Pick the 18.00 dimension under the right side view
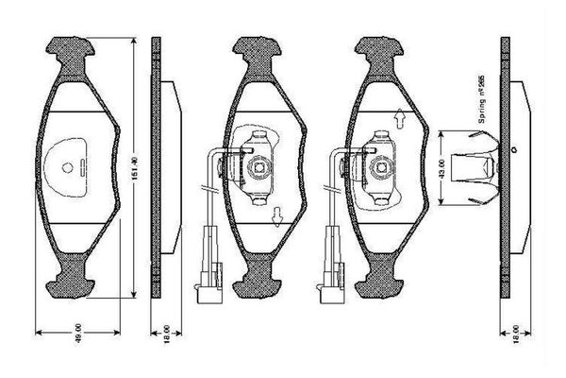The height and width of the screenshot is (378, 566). pos(515,335)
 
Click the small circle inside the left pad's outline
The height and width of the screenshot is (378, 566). pos(69,167)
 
